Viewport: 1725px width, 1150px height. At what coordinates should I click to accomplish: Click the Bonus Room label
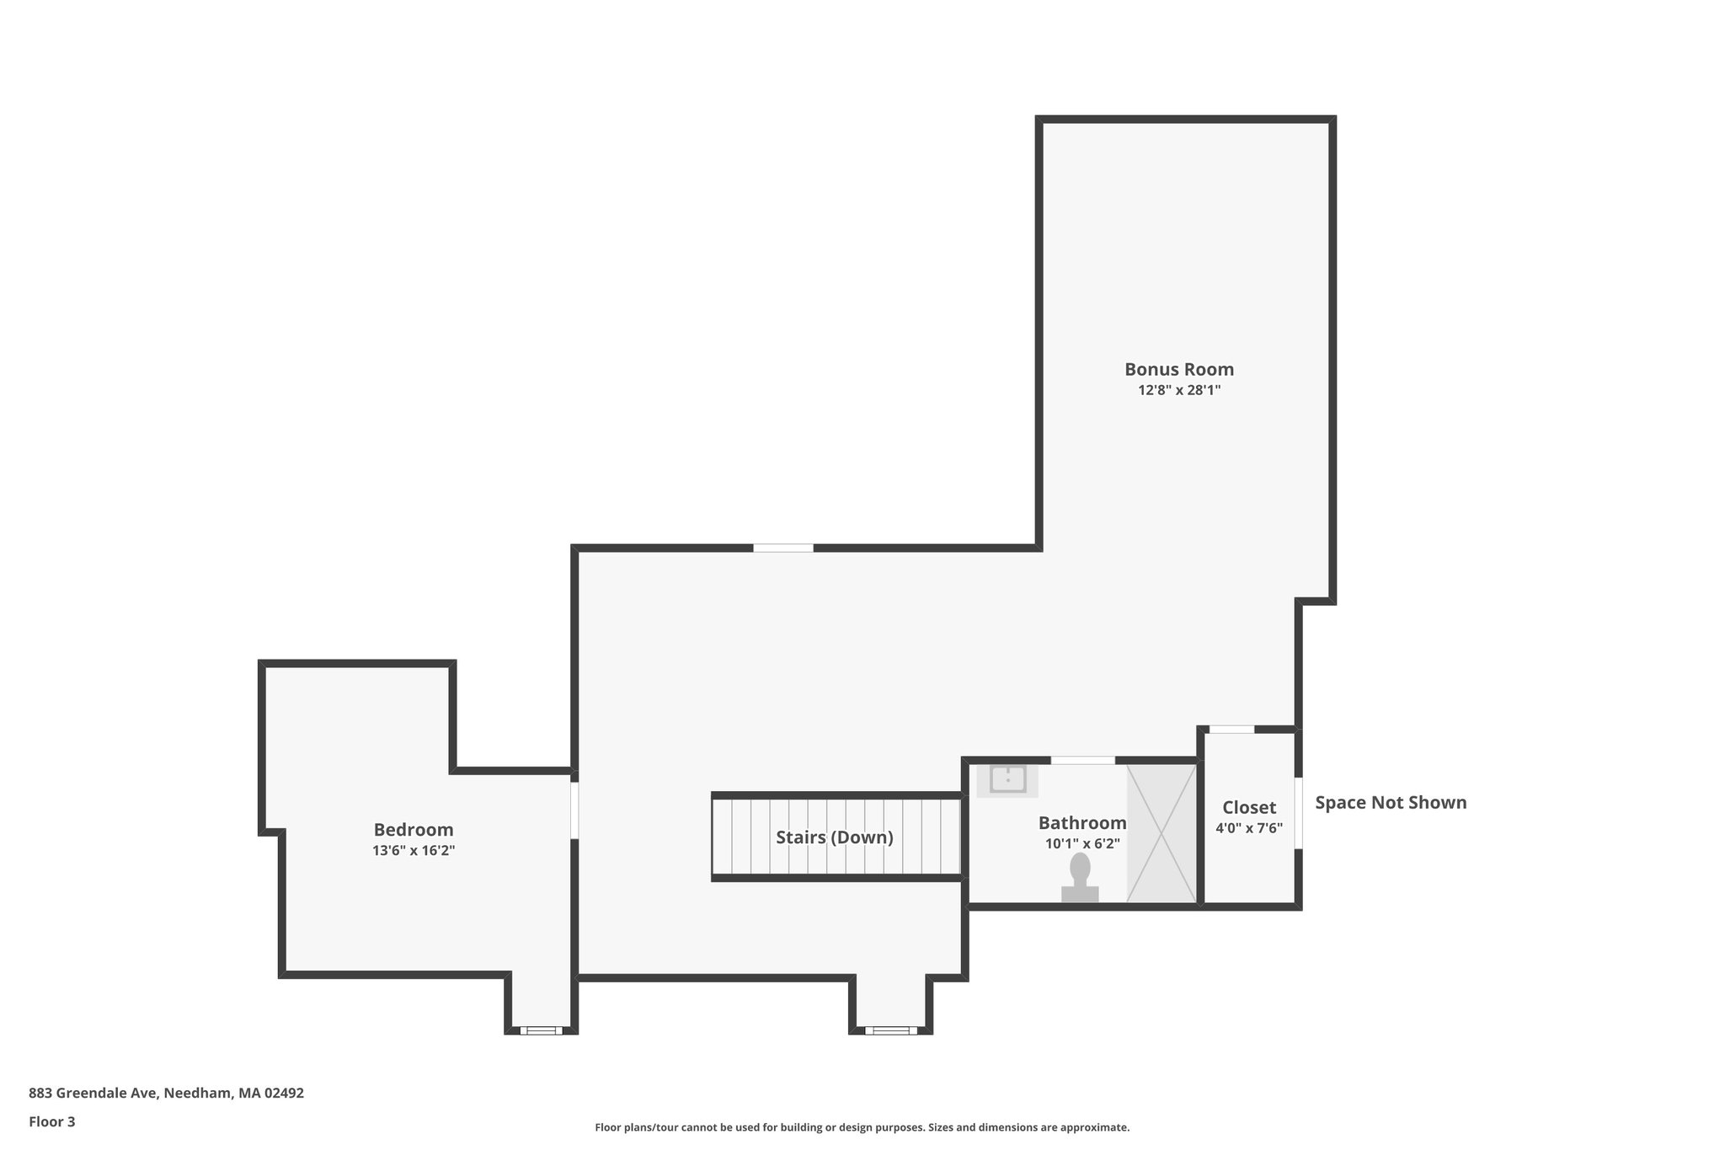(1179, 369)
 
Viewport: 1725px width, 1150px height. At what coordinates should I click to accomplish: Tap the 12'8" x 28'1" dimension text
(1179, 390)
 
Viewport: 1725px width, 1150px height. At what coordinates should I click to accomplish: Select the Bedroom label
(414, 830)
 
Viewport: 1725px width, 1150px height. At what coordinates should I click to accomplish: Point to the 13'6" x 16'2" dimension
(414, 851)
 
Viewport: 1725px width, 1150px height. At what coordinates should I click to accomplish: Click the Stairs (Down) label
(834, 837)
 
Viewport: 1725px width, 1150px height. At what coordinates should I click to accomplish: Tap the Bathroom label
(1082, 823)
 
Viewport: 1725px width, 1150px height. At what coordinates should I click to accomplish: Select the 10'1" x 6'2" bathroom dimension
(1082, 843)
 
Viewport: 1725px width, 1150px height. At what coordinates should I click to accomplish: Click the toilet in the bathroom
(1080, 879)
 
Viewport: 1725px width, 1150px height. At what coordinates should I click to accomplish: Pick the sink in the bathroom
(1007, 780)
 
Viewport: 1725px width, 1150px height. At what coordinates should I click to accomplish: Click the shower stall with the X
(1162, 833)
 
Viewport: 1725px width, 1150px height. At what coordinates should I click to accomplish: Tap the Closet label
(1249, 807)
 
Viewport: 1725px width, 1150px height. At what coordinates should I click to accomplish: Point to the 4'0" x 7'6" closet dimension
(1249, 828)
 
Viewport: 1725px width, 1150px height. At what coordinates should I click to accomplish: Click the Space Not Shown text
(1391, 803)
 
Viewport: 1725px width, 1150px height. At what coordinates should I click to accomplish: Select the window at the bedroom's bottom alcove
(541, 1030)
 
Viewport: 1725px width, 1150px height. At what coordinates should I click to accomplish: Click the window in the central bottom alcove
(891, 1030)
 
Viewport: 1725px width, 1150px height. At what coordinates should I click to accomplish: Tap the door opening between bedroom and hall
(574, 810)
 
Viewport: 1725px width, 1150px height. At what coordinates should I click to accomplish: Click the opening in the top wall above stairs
(783, 548)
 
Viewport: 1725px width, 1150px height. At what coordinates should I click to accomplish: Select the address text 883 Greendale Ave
(166, 1094)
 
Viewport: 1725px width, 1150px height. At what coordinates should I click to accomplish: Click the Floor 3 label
(52, 1121)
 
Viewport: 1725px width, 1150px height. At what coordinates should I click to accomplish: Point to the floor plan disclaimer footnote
(862, 1127)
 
